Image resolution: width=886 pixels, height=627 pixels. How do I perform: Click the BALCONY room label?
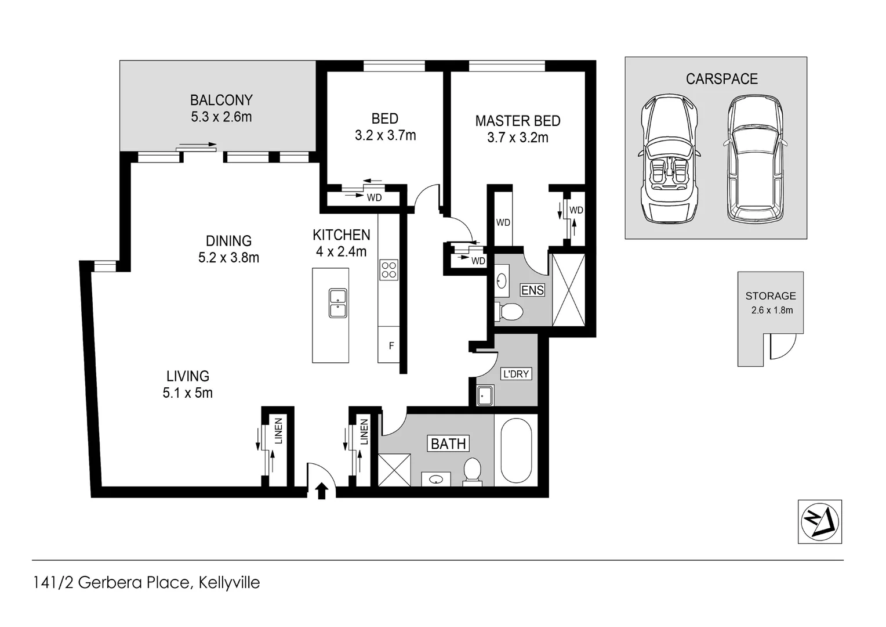221,100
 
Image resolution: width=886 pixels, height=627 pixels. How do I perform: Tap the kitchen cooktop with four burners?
388,270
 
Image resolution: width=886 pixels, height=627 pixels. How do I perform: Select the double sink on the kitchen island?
338,303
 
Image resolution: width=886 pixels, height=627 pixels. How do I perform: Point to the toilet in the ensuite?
509,312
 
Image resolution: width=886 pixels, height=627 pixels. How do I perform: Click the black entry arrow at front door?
322,491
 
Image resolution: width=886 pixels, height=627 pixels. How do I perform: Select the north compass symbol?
820,521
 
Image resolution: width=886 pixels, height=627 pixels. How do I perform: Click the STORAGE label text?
770,296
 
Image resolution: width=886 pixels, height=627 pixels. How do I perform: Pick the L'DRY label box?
515,374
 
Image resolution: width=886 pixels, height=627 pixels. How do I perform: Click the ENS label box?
532,290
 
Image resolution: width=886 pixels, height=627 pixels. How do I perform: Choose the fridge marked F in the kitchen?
391,345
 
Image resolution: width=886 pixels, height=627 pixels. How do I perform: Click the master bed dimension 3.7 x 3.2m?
517,138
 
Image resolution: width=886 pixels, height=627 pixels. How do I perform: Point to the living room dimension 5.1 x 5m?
187,393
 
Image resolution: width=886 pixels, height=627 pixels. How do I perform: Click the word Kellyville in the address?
229,582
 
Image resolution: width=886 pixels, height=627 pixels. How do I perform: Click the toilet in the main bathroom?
472,470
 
